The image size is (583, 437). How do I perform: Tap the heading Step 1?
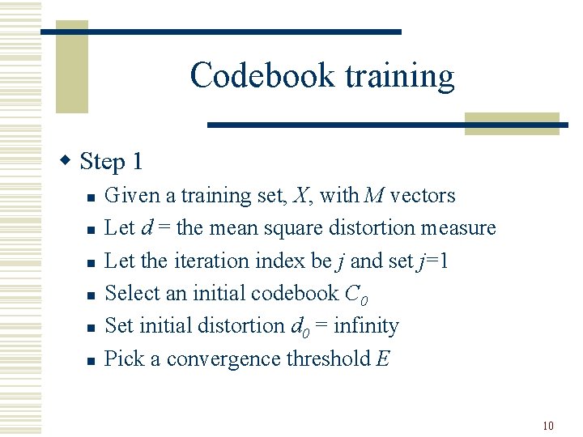[x=112, y=162]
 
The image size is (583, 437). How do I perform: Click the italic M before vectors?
[x=374, y=196]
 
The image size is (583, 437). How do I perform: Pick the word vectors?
[x=423, y=196]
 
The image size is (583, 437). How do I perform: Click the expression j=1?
[x=434, y=261]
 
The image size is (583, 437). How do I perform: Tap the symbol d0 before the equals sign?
[x=299, y=327]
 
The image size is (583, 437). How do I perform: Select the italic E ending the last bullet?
[x=383, y=359]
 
